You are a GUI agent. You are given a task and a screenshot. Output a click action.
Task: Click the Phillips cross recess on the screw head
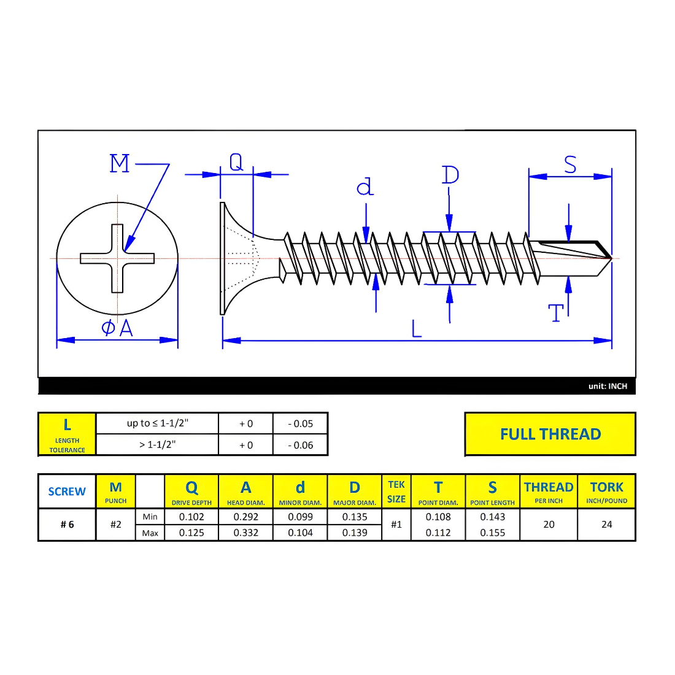pyautogui.click(x=117, y=258)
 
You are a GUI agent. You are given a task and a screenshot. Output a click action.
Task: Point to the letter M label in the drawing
pyautogui.click(x=120, y=164)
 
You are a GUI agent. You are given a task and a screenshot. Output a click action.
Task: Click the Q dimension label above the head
pyautogui.click(x=236, y=162)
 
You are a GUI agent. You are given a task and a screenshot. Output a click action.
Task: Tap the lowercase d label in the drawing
pyautogui.click(x=365, y=187)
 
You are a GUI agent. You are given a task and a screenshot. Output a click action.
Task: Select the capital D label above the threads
pyautogui.click(x=450, y=175)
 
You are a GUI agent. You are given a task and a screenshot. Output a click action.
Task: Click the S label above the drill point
pyautogui.click(x=570, y=164)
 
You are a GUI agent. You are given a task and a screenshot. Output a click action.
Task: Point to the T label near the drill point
pyautogui.click(x=556, y=313)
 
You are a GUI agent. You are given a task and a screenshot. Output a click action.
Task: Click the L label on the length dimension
pyautogui.click(x=417, y=330)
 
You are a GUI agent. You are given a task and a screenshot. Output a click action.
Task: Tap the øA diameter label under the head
pyautogui.click(x=117, y=328)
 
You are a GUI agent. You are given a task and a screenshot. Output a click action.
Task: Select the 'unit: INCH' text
pyautogui.click(x=607, y=386)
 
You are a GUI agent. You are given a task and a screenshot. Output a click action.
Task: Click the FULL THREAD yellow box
pyautogui.click(x=550, y=434)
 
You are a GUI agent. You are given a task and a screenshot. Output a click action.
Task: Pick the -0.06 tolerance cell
pyautogui.click(x=300, y=445)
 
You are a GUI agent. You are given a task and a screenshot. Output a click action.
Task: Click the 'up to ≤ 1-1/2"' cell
pyautogui.click(x=157, y=423)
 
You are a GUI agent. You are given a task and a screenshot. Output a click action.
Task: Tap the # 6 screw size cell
pyautogui.click(x=67, y=525)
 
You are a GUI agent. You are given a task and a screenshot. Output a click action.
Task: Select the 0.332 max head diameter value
pyautogui.click(x=245, y=533)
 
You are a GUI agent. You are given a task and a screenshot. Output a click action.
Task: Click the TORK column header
pyautogui.click(x=606, y=492)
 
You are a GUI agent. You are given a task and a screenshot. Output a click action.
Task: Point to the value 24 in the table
pyautogui.click(x=606, y=525)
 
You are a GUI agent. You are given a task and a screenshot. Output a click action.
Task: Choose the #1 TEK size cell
pyautogui.click(x=396, y=525)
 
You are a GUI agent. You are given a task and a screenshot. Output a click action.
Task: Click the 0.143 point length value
pyautogui.click(x=492, y=517)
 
